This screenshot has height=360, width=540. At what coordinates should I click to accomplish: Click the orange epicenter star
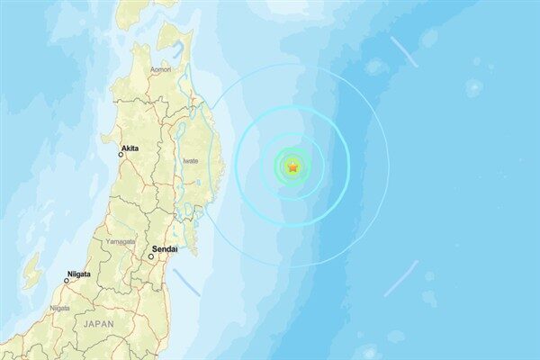[293, 166]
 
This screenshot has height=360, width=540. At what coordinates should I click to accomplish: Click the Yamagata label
[120, 241]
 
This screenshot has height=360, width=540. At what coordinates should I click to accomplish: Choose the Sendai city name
[166, 247]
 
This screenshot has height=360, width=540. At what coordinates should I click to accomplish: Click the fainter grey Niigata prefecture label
[59, 308]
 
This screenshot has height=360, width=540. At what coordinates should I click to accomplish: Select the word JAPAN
[98, 322]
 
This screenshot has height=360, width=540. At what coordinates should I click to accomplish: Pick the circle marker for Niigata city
[66, 281]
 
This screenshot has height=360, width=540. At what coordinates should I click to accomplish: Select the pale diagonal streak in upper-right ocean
[404, 52]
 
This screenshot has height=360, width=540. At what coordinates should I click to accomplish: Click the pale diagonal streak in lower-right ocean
[400, 279]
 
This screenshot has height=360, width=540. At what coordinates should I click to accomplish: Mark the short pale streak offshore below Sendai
[186, 283]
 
